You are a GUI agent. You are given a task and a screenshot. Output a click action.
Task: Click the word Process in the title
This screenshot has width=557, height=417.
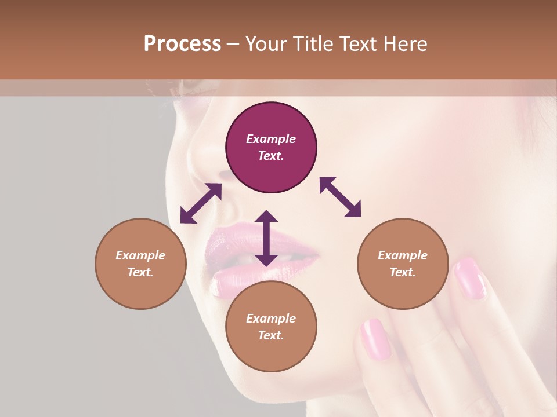182,44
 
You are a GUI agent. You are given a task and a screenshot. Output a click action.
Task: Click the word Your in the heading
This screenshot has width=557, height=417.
266,44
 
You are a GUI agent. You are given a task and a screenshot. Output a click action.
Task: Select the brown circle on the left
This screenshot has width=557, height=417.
140,264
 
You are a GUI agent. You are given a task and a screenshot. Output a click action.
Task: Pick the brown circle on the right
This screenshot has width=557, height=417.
403,264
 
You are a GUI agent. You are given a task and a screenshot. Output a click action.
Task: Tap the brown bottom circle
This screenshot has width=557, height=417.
271,327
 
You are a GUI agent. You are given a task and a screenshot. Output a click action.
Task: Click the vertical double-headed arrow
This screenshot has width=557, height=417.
266,238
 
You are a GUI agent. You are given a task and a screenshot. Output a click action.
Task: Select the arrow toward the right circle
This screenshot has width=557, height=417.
341,197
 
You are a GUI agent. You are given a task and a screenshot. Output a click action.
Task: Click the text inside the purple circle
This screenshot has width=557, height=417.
271,147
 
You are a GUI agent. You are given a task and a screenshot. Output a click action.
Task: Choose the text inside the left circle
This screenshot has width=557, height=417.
140,264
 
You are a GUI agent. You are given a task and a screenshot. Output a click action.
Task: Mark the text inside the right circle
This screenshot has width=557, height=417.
403,264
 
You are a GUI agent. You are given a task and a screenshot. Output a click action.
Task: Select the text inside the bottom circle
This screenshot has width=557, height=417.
271,327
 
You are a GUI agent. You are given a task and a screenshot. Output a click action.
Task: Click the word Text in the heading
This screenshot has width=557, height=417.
356,44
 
